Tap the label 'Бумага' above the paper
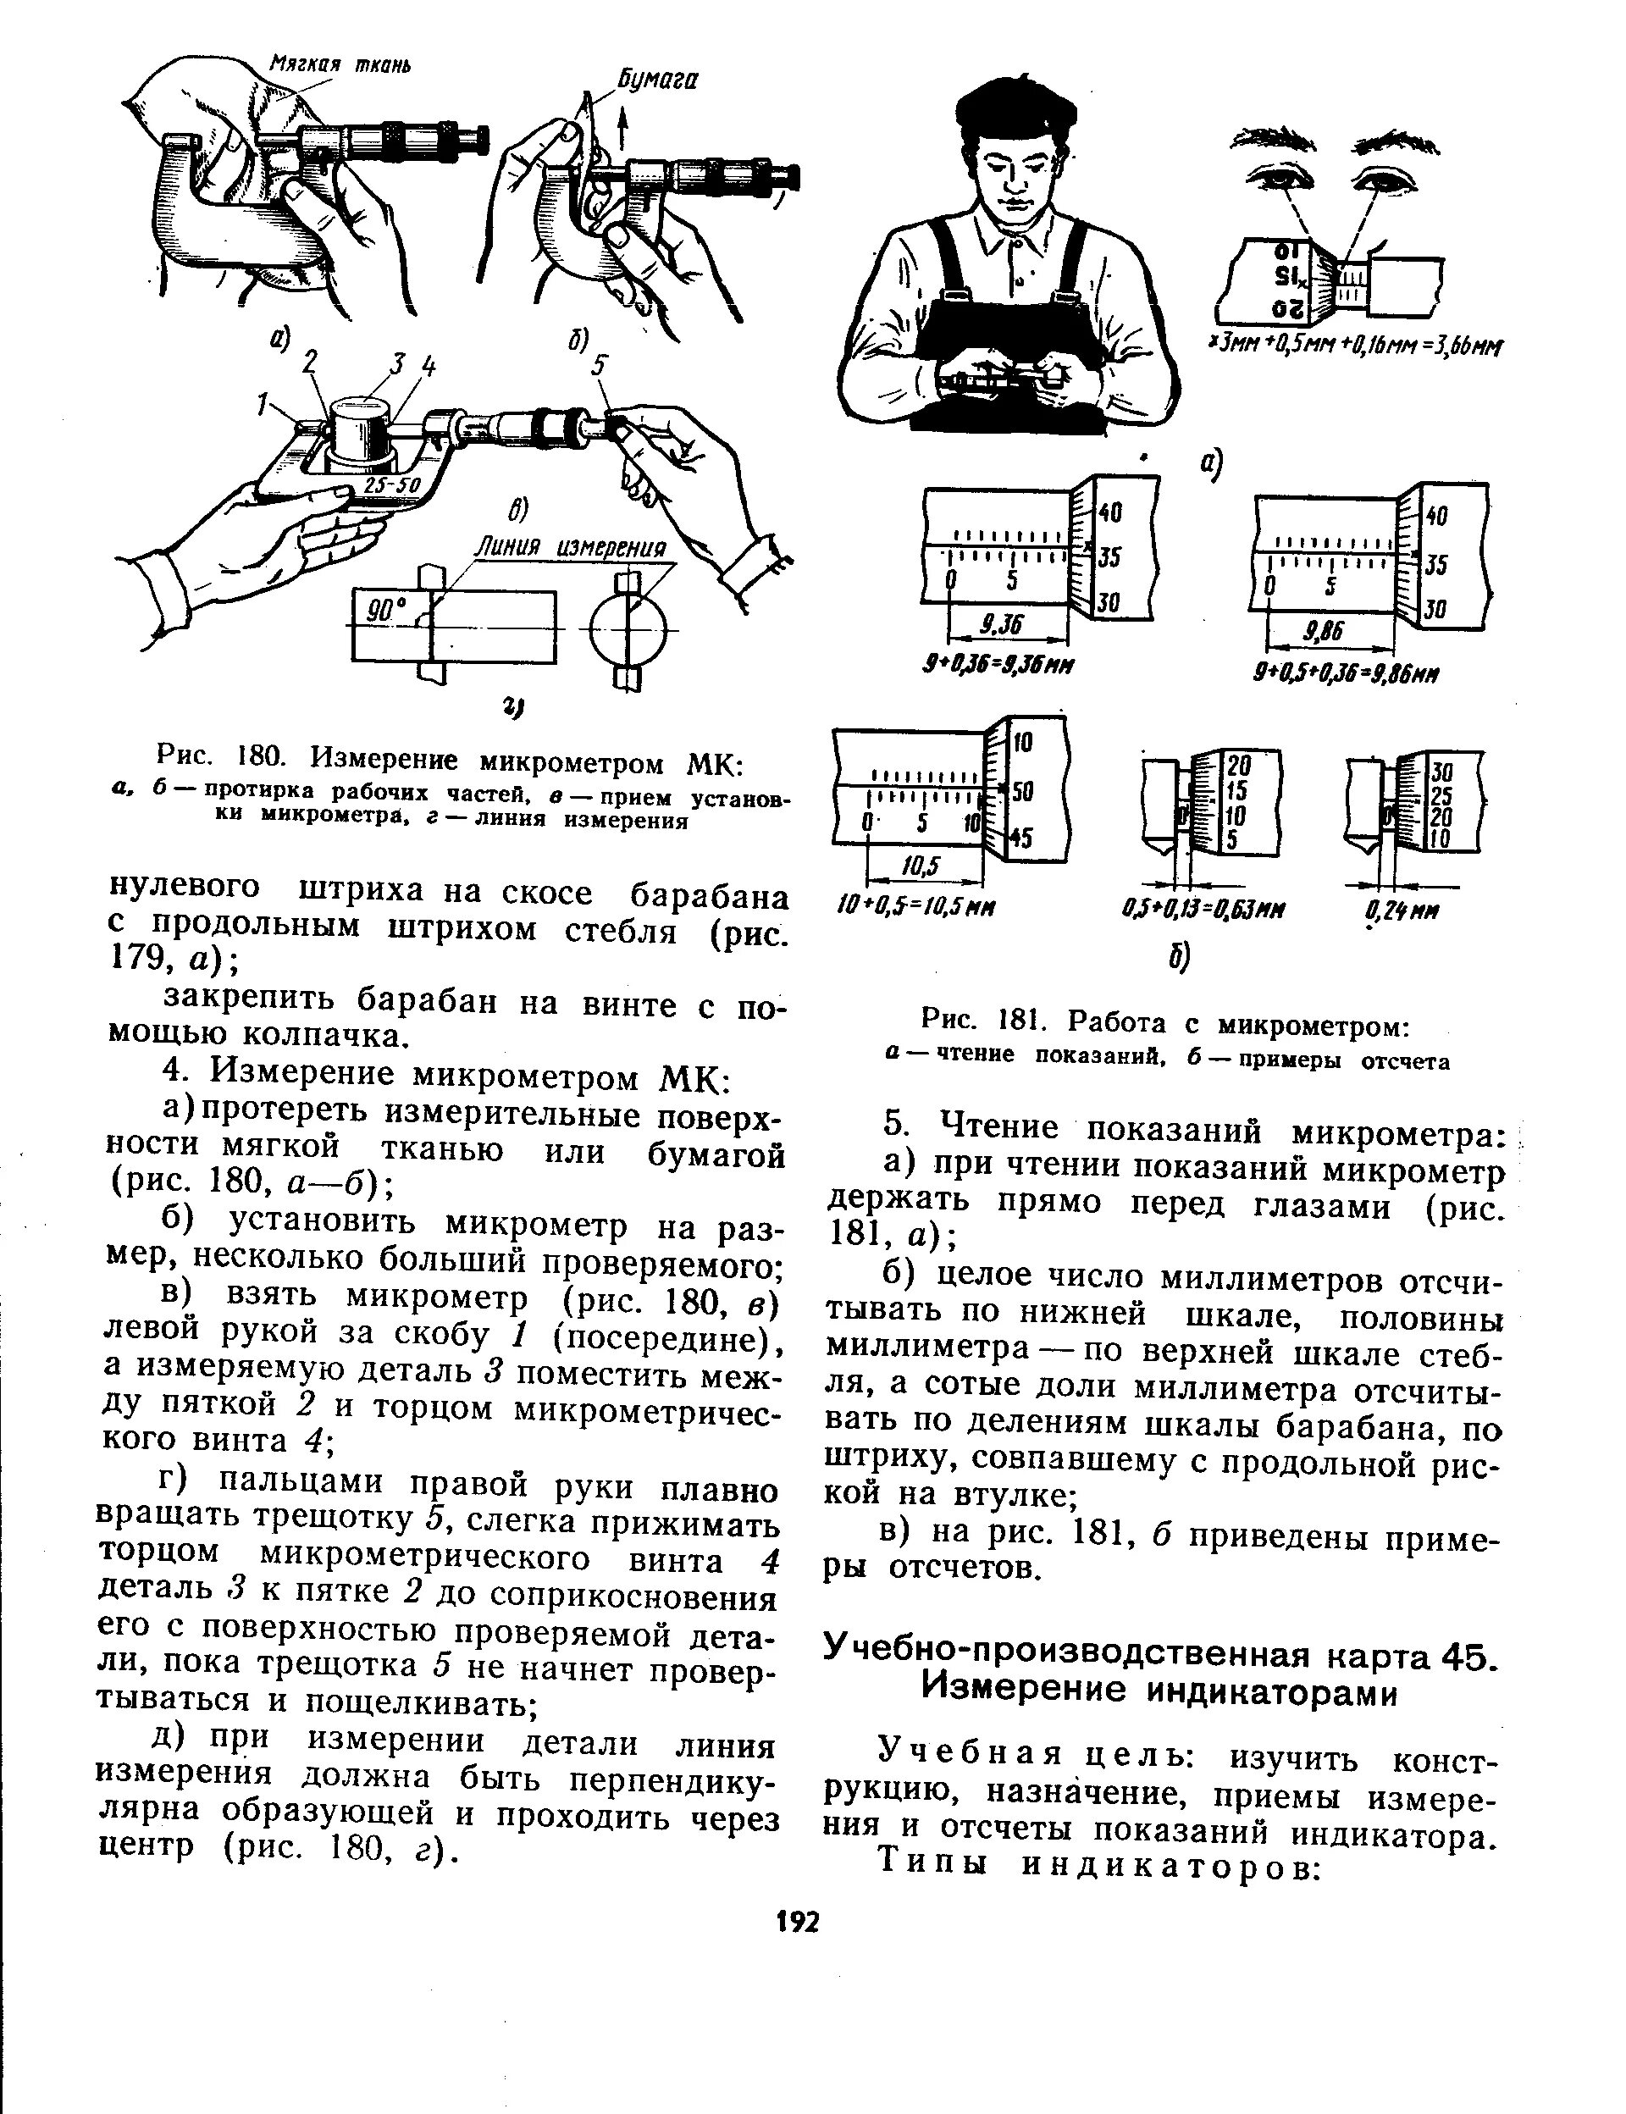[659, 80]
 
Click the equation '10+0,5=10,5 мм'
[916, 909]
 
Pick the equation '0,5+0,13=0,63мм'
[1201, 910]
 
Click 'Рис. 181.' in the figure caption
[978, 1022]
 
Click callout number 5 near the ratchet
[599, 366]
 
